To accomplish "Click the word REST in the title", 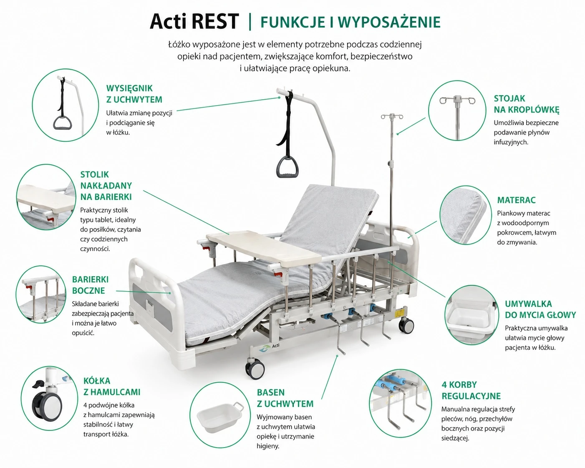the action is pos(215,21).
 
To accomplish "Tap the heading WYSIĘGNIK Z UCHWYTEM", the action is pos(134,94).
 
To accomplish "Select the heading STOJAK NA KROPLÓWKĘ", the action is pos(527,104).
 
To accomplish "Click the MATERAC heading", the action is pos(516,200).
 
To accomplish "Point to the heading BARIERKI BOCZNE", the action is pos(90,285).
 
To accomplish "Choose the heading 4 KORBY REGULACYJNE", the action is pos(471,390).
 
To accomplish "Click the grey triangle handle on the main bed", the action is pos(287,166).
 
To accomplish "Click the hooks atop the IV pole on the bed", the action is pos(392,117).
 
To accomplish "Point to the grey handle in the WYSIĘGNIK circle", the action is pos(63,123).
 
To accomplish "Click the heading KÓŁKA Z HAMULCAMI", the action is pos(112,386).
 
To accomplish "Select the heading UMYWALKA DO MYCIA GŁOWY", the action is pos(540,309).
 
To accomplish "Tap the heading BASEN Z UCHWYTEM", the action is pos(285,398).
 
